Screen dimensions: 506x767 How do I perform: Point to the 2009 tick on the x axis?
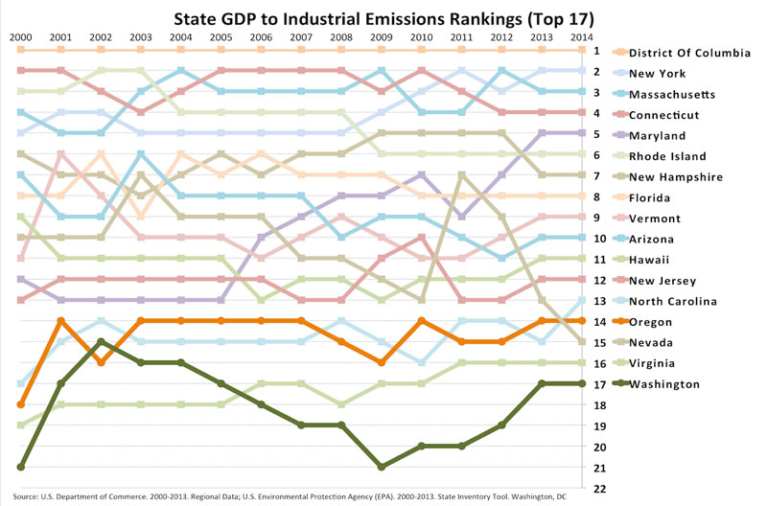pyautogui.click(x=382, y=36)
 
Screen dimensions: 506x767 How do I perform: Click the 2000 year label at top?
pyautogui.click(x=20, y=36)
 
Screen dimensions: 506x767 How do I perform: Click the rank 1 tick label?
pyautogui.click(x=595, y=50)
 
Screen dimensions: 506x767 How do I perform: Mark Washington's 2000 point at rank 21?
pyautogui.click(x=20, y=467)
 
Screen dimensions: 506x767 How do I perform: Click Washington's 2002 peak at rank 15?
pyautogui.click(x=101, y=342)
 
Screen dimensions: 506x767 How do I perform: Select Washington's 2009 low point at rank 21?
pyautogui.click(x=382, y=467)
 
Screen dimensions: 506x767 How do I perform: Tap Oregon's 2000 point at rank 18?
pyautogui.click(x=20, y=404)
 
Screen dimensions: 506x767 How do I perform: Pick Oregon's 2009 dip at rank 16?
pyautogui.click(x=382, y=363)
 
